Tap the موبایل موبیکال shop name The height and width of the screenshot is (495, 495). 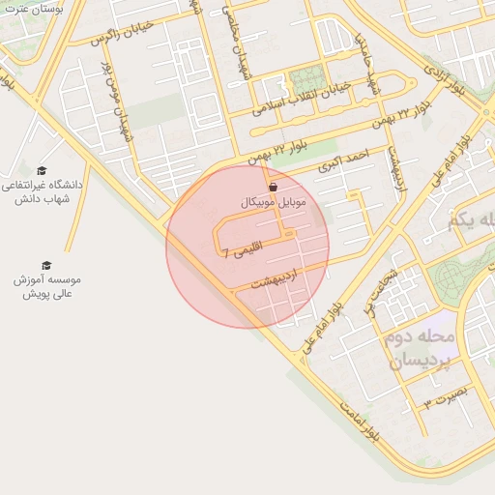tap(272, 204)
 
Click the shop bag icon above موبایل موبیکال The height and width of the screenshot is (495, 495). tap(272, 187)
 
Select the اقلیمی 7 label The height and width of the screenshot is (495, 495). tap(242, 253)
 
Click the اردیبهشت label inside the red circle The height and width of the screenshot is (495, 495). tap(277, 279)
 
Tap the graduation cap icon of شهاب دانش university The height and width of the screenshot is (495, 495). tap(41, 170)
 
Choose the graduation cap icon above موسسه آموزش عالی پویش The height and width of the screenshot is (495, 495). tap(45, 265)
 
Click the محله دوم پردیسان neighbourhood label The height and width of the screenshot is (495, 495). tap(421, 349)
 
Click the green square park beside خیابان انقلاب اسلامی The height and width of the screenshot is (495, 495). tap(306, 78)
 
